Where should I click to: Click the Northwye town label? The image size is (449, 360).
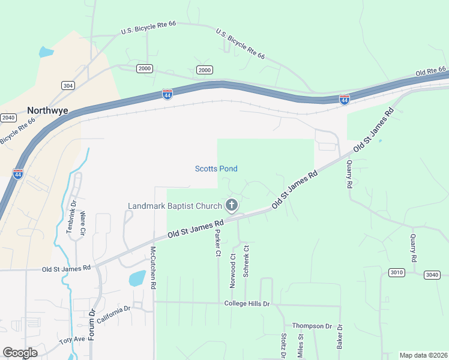point(47,110)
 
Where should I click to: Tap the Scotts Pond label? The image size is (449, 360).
point(216,169)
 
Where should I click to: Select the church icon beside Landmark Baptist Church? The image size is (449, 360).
point(232,206)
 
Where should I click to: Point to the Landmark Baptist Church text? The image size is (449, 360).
point(175,206)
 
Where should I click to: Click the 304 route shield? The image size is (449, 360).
point(68,86)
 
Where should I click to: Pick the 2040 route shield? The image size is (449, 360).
point(8,117)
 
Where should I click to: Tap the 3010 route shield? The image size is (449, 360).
point(396,272)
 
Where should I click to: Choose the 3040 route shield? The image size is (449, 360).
point(432,275)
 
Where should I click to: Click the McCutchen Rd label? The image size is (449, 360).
point(153,268)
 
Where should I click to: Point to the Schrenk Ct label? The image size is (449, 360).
point(246,261)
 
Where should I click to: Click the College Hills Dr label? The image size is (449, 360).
point(247,304)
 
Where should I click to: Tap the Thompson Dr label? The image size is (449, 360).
point(312,326)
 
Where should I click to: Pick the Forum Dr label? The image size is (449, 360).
point(92,325)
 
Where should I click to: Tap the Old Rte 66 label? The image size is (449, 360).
point(431,71)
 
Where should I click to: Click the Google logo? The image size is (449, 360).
point(20,353)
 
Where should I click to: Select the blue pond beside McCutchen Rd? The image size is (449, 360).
point(137,278)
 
